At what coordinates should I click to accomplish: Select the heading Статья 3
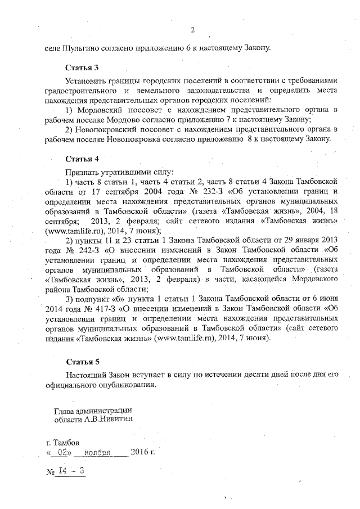click(82, 67)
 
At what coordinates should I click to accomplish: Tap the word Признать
click(84, 170)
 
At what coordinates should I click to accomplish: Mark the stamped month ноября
click(97, 451)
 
